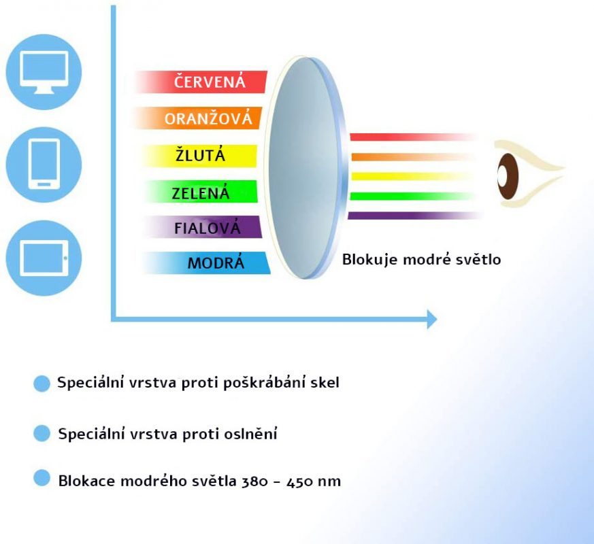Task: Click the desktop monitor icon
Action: [x=44, y=72]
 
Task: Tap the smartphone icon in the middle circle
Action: [x=44, y=164]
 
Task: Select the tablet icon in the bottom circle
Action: [x=44, y=258]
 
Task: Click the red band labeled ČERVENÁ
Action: [x=201, y=82]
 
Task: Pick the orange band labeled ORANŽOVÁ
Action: [x=198, y=118]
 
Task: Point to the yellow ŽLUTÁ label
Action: [x=200, y=156]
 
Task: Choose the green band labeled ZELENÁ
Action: [x=201, y=192]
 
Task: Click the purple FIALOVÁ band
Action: [x=203, y=227]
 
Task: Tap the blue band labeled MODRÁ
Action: [x=207, y=262]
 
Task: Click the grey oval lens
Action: [x=306, y=168]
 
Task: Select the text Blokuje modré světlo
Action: [x=422, y=260]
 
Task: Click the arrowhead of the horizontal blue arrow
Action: [x=432, y=319]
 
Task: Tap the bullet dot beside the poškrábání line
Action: [x=42, y=384]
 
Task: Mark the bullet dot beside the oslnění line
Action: [x=42, y=433]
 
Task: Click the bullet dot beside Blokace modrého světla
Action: [x=42, y=478]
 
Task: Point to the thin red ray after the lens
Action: [x=413, y=137]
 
